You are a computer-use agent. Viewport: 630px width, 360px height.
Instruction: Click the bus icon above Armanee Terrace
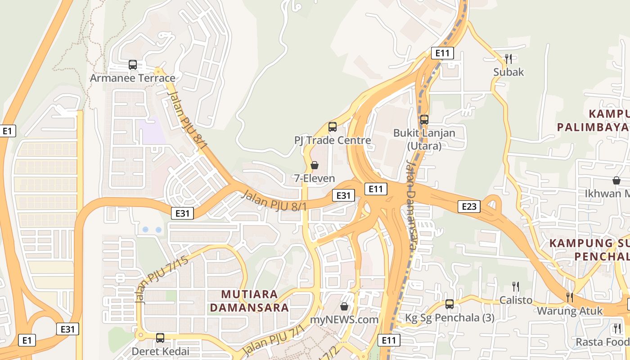pos(133,64)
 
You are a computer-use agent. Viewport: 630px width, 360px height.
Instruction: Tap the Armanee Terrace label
pos(133,78)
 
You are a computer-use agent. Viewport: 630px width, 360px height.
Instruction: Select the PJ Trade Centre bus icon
pos(333,127)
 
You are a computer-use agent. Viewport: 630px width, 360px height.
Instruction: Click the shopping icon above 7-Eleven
pos(315,165)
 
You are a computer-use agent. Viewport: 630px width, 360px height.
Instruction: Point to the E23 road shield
pos(469,206)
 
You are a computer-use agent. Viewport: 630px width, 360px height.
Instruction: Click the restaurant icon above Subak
pos(508,58)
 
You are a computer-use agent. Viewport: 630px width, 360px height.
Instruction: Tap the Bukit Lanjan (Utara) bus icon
pos(424,120)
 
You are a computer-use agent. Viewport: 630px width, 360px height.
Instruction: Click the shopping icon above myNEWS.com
pos(344,306)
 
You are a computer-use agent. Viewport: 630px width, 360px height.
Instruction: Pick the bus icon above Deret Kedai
pos(160,337)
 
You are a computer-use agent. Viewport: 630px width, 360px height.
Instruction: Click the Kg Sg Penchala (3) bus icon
pos(449,304)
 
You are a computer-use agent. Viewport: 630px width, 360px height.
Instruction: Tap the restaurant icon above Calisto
pos(516,286)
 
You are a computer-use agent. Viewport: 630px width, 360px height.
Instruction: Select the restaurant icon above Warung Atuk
pos(570,297)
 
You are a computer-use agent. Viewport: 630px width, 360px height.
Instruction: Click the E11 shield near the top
pos(442,53)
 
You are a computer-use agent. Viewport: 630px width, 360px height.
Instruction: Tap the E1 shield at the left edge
pos(7,131)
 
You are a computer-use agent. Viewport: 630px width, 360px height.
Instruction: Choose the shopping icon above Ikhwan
pos(616,180)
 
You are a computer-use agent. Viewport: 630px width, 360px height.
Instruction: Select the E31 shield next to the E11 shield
pos(343,195)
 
